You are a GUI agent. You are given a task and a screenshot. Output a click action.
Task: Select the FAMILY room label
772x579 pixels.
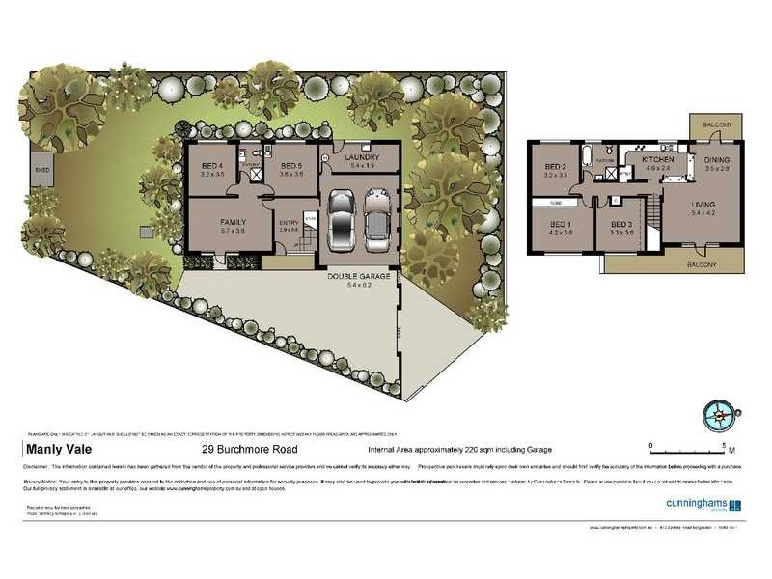pyautogui.click(x=233, y=222)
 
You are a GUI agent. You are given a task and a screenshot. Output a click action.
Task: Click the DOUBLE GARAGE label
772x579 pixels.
pyautogui.click(x=358, y=276)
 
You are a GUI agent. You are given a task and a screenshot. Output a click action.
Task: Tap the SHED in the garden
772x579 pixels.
pyautogui.click(x=41, y=171)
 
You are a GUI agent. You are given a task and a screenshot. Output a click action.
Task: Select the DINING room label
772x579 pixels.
pyautogui.click(x=717, y=159)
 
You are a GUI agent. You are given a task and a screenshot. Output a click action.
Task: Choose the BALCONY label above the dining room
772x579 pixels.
pyautogui.click(x=717, y=125)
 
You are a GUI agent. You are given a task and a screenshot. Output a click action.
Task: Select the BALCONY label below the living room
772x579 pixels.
pyautogui.click(x=702, y=264)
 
